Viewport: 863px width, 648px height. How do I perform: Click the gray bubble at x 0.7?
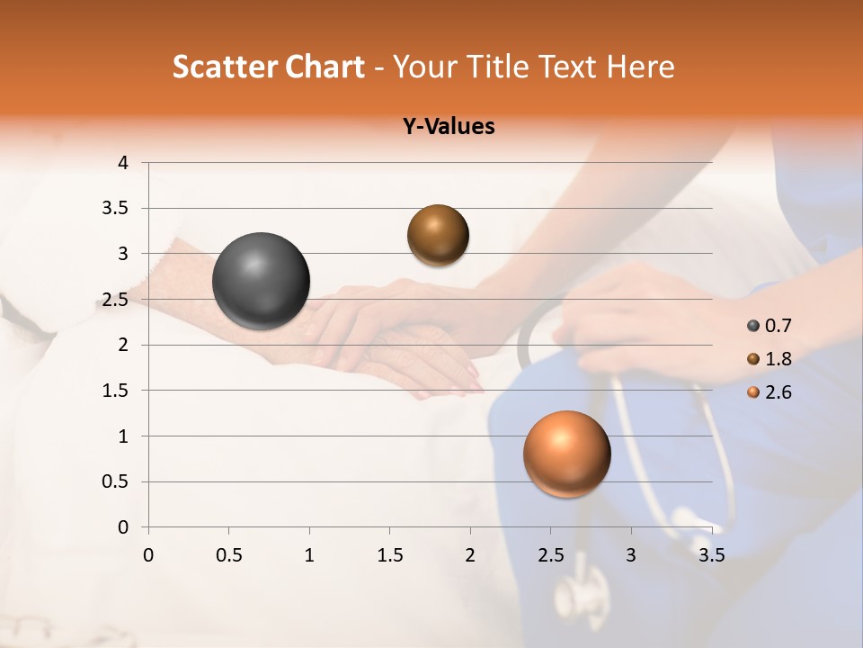point(262,281)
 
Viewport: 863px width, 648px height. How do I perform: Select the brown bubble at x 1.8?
point(438,235)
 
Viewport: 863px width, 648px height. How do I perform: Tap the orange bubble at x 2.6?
point(566,454)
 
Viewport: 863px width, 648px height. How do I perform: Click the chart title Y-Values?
point(449,127)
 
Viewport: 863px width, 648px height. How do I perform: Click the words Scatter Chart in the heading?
point(268,67)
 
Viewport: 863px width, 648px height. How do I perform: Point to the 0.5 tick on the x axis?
point(228,555)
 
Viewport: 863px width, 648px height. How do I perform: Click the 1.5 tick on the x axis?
point(389,555)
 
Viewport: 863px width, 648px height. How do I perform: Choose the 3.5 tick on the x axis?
point(711,555)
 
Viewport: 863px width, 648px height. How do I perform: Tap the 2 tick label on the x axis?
point(470,555)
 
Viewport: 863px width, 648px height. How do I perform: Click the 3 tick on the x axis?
point(631,555)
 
